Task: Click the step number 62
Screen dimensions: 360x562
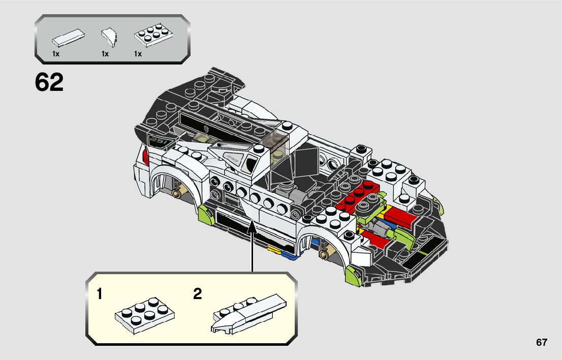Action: (x=49, y=83)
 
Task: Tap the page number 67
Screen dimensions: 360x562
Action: (x=541, y=342)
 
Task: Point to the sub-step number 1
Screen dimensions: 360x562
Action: (x=101, y=293)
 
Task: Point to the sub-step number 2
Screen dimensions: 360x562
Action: (x=198, y=293)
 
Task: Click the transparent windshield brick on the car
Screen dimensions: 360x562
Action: (x=275, y=142)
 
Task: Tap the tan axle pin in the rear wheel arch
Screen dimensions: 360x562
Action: (x=177, y=193)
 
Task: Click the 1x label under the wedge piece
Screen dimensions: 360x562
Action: (x=105, y=53)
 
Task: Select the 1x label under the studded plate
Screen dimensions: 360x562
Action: (x=138, y=53)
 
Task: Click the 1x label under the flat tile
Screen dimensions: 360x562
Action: (x=56, y=53)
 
